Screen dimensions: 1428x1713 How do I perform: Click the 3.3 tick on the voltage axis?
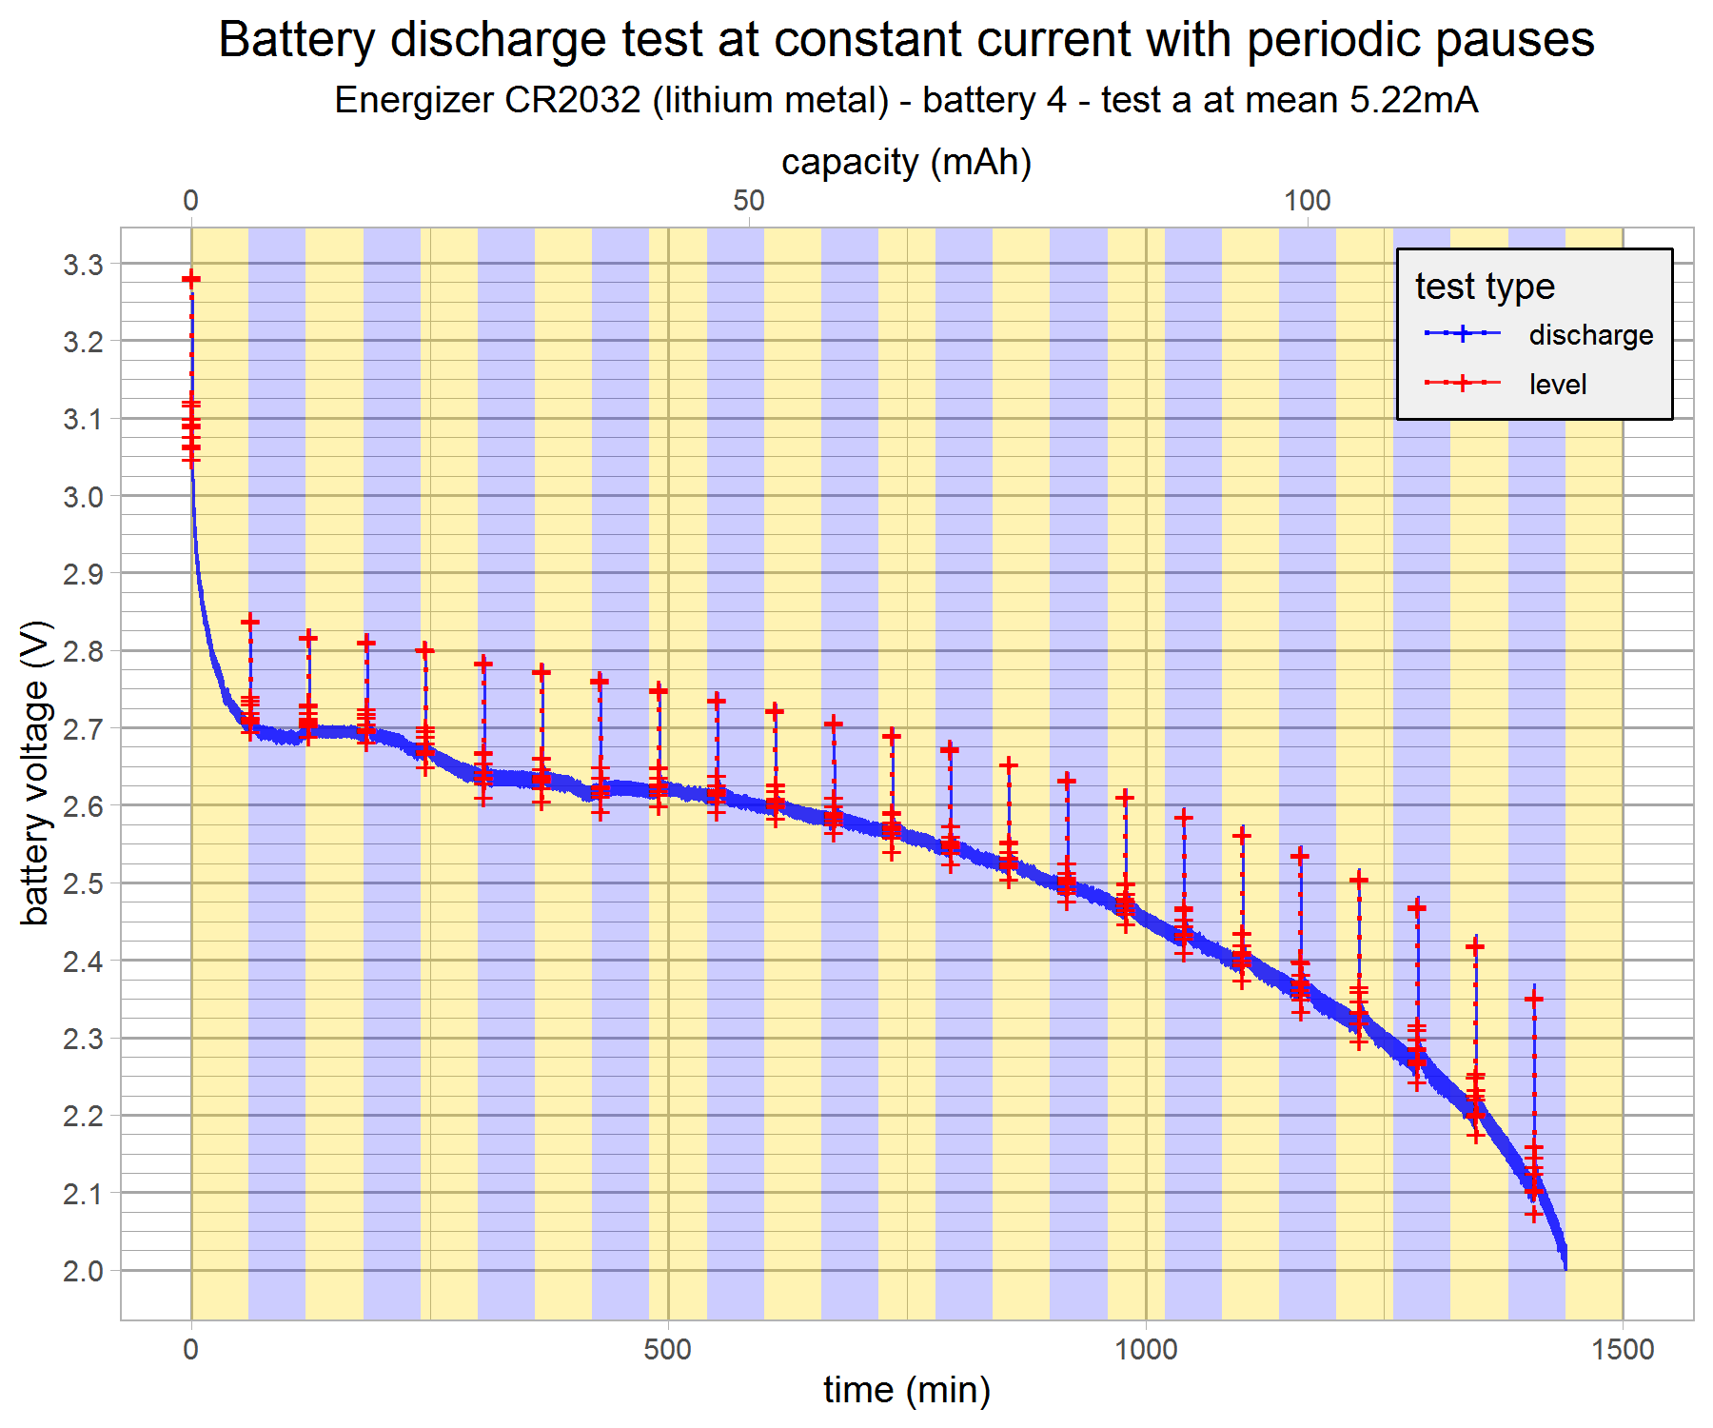(x=84, y=265)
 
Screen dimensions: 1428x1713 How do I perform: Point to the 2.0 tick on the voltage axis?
(x=84, y=1271)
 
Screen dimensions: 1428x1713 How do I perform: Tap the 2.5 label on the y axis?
(x=84, y=883)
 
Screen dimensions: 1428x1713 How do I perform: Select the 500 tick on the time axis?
(x=667, y=1349)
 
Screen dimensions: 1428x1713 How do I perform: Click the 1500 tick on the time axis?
(x=1623, y=1349)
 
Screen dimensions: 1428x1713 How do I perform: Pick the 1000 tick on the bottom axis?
(x=1146, y=1349)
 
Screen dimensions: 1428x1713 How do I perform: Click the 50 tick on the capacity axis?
(x=749, y=201)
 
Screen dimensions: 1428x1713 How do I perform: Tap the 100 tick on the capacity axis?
(x=1307, y=201)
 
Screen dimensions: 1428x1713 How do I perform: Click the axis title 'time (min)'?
(x=906, y=1390)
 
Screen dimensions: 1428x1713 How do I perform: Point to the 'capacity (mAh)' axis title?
(x=906, y=162)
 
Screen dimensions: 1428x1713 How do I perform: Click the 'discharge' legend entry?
(x=1590, y=335)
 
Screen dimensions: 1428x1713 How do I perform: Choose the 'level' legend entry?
(x=1557, y=385)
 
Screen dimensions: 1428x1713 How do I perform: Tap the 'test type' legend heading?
(x=1485, y=287)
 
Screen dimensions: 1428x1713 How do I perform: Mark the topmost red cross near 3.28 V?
(x=191, y=279)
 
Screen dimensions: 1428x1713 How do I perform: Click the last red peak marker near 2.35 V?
(x=1533, y=999)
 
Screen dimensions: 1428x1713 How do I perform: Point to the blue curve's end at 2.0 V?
(x=1565, y=1267)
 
